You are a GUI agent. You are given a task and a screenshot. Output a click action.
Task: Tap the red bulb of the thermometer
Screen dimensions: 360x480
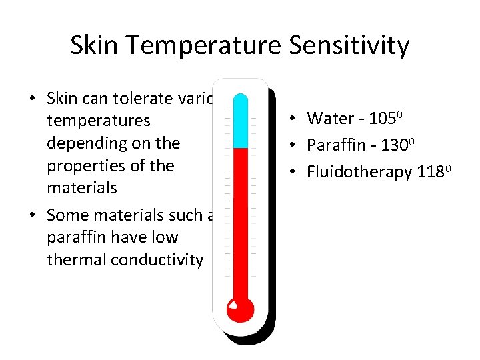pos(240,309)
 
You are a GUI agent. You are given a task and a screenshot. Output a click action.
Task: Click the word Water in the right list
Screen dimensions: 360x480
pos(330,119)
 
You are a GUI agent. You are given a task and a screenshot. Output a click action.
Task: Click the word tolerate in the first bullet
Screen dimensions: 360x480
pos(141,99)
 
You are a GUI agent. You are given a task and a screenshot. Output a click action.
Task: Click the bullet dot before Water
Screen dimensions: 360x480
pos(293,119)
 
